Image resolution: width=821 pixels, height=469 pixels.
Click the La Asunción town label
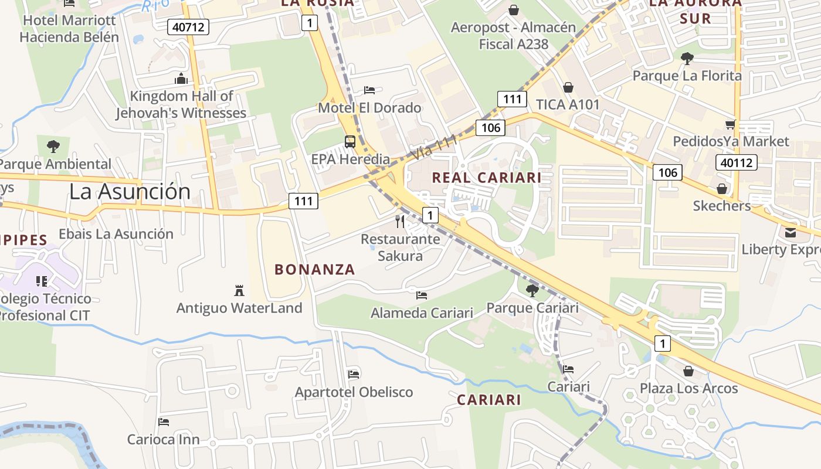click(130, 192)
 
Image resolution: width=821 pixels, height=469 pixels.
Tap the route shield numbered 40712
click(188, 26)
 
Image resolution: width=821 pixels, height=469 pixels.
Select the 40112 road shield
click(737, 162)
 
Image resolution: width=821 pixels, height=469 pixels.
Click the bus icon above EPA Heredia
click(350, 141)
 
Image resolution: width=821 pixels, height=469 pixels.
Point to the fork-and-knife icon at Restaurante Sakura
click(400, 221)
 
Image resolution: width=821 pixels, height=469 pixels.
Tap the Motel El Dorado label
click(369, 108)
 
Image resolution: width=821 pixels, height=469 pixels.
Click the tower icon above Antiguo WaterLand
click(239, 290)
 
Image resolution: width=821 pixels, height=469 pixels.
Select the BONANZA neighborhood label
click(315, 270)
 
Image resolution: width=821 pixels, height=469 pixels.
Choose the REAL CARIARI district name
click(486, 178)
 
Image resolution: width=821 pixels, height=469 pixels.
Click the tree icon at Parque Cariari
click(532, 290)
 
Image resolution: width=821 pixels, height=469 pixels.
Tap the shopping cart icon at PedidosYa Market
click(730, 124)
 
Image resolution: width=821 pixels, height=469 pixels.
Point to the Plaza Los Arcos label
click(688, 388)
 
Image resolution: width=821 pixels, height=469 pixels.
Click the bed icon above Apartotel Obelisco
click(354, 374)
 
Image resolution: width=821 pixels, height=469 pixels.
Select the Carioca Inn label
click(164, 439)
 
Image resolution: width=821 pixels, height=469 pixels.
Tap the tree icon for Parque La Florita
click(687, 58)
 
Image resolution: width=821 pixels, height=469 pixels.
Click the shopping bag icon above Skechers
click(722, 189)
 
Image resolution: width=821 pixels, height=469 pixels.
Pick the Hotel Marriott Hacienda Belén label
click(69, 29)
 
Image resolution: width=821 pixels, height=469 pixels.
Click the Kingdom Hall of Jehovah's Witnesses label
click(181, 104)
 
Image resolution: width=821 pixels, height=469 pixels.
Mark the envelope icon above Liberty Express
click(791, 233)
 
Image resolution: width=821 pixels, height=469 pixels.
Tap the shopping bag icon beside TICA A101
click(568, 88)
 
